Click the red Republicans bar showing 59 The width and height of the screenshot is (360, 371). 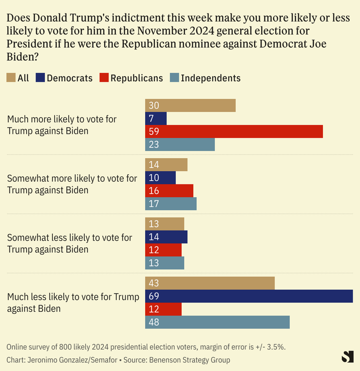coord(234,131)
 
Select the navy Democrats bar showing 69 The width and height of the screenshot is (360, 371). coord(249,296)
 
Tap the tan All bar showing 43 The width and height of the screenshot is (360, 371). coord(210,283)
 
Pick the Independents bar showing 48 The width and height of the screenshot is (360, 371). coord(217,322)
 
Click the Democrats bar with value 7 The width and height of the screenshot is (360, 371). coord(156,118)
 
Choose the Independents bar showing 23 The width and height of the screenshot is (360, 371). coord(180,145)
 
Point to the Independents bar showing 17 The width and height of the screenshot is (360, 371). coord(171,204)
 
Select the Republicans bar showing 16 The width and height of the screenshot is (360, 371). coord(169,191)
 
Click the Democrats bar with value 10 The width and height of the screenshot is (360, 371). coord(160,178)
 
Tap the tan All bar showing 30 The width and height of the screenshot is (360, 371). coord(190,105)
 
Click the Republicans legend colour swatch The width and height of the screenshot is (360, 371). coord(103,78)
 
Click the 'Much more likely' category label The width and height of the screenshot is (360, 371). coord(62,125)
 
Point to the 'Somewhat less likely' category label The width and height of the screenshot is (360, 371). coord(70,243)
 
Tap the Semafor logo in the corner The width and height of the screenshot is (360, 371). coord(347,357)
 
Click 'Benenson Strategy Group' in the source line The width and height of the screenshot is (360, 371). coord(189,360)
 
